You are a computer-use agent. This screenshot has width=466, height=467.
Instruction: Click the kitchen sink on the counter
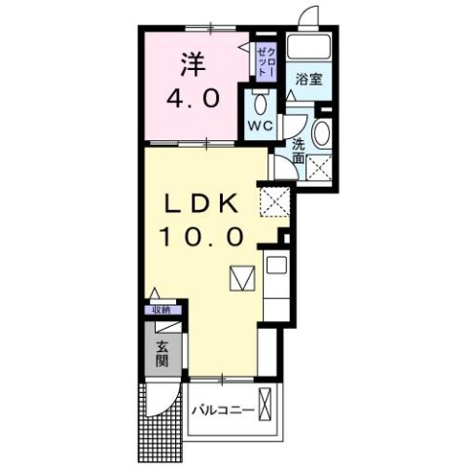(x=274, y=265)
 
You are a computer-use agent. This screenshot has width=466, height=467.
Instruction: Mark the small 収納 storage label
(x=160, y=309)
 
